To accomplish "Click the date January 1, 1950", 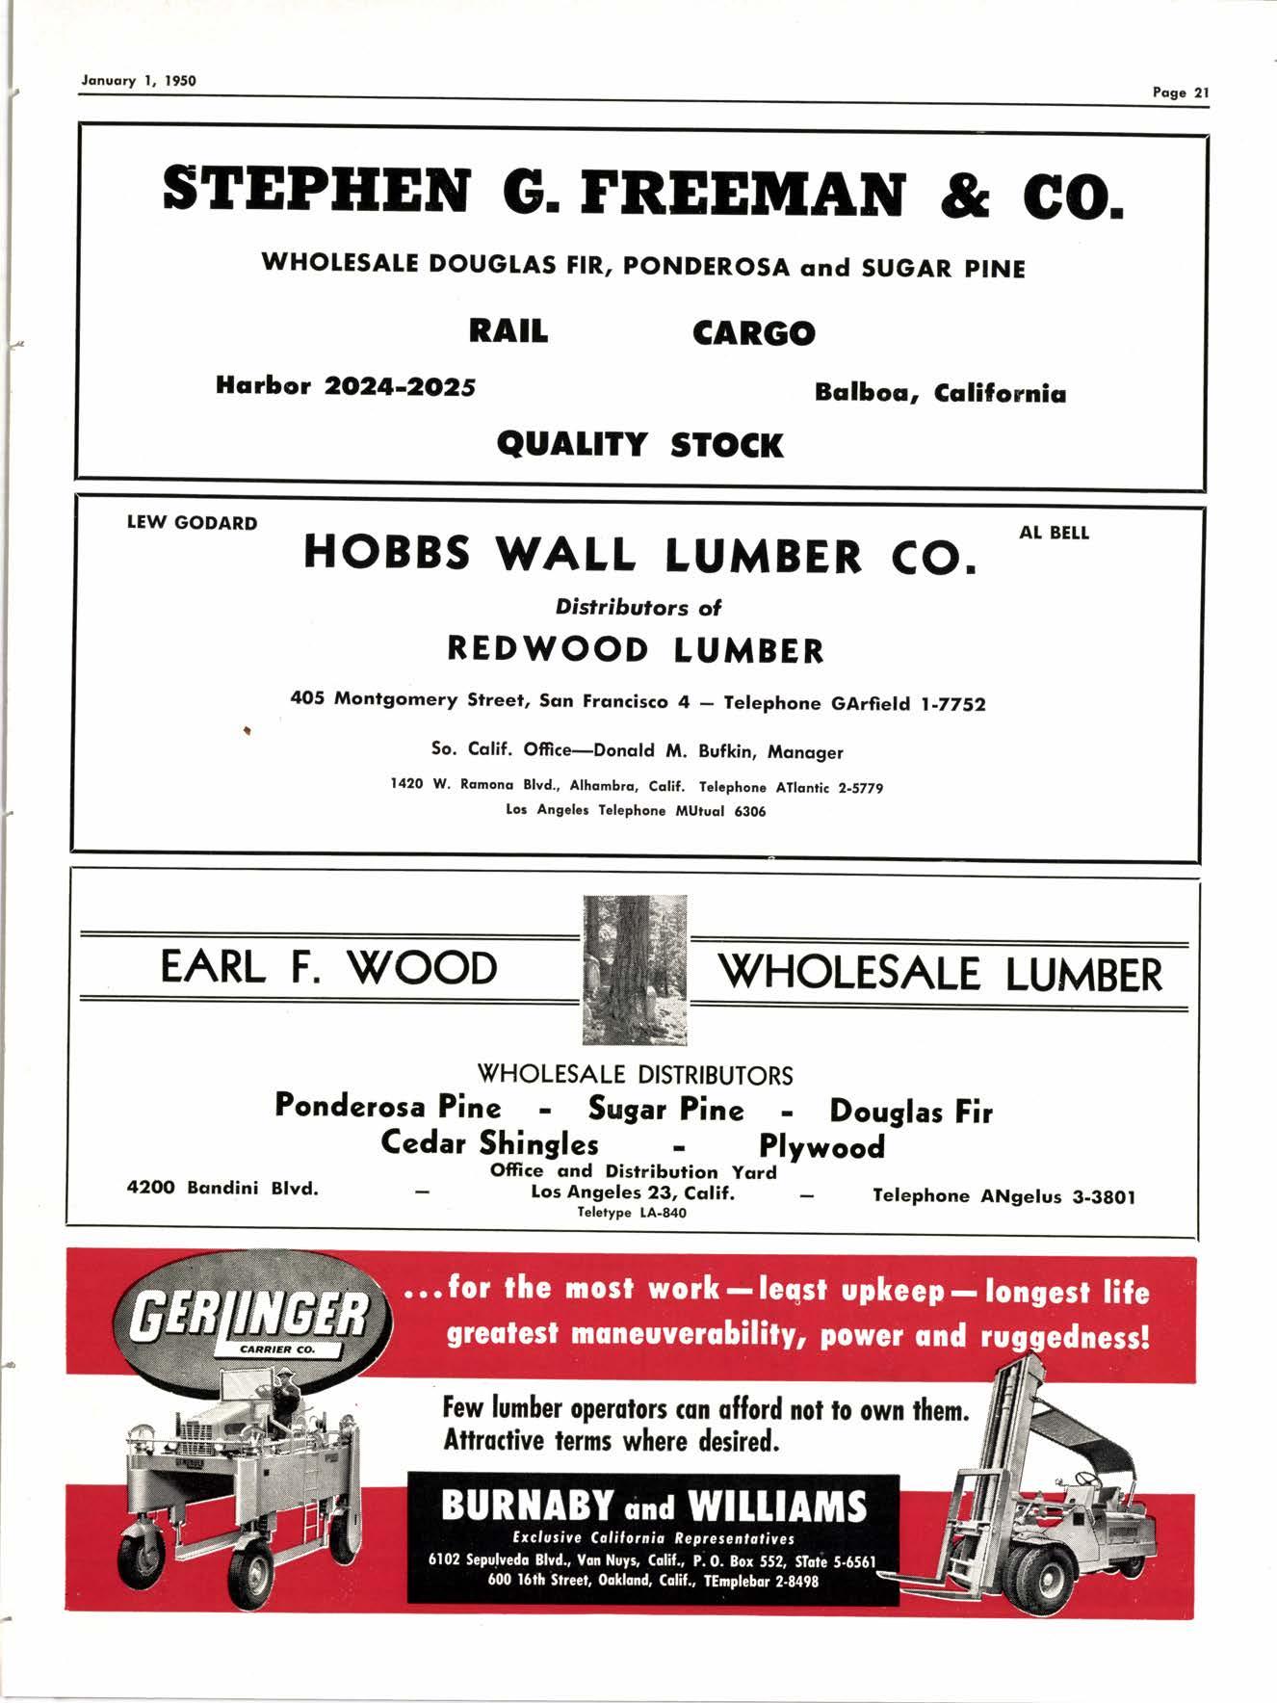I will [x=139, y=81].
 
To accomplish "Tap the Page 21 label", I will [x=1180, y=92].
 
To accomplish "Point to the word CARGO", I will [x=753, y=333].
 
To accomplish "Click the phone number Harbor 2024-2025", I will [x=346, y=386].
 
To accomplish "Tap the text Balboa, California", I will [x=940, y=393].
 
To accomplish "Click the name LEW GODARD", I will [x=193, y=523].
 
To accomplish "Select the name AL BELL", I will [x=1054, y=533].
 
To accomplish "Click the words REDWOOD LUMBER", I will [x=636, y=650].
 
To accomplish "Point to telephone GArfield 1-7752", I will [x=854, y=704].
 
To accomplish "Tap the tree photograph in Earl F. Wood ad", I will [x=635, y=969].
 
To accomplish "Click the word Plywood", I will [x=821, y=1146].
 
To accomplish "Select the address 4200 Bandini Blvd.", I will [x=222, y=1188].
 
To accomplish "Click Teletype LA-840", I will [x=632, y=1213].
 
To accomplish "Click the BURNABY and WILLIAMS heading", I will [x=654, y=1506].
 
